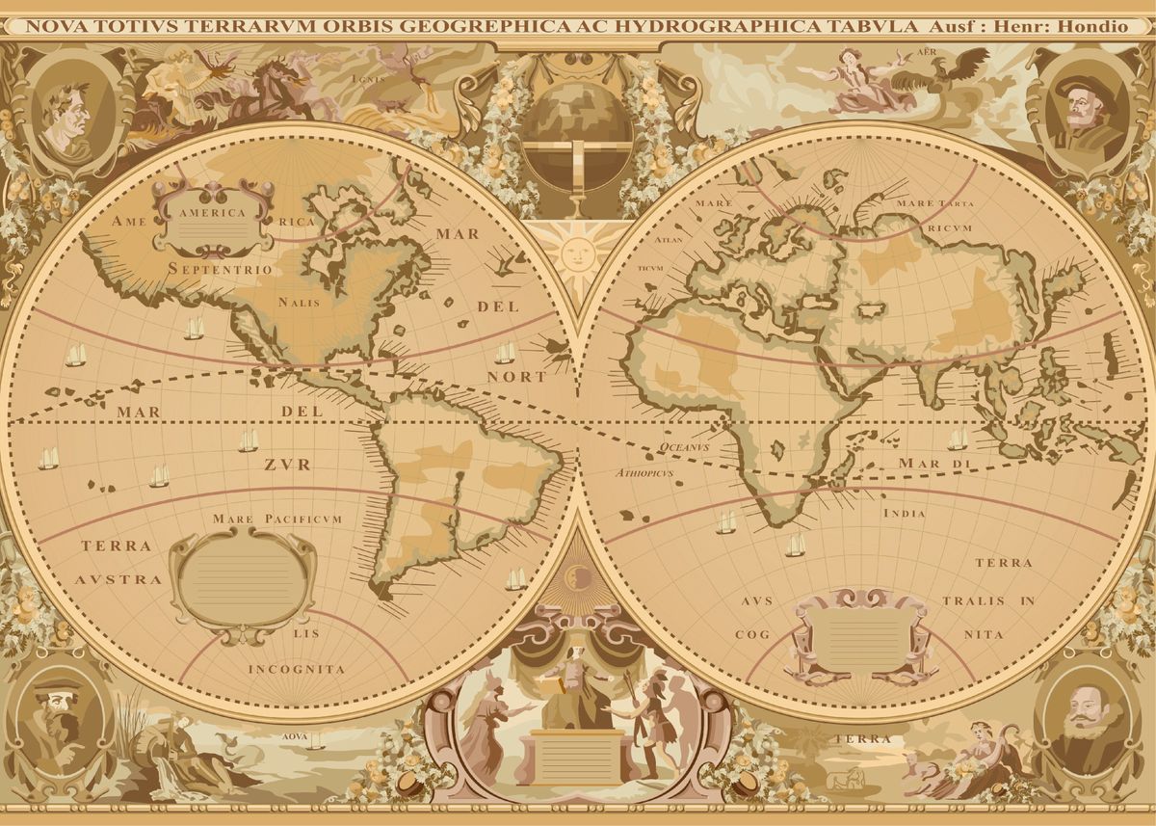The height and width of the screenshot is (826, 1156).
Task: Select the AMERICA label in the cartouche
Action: click(213, 213)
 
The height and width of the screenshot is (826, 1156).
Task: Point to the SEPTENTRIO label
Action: click(220, 269)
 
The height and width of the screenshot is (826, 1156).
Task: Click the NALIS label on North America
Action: click(299, 302)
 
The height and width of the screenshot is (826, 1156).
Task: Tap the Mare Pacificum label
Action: click(277, 520)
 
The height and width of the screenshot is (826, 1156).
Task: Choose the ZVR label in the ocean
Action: click(288, 465)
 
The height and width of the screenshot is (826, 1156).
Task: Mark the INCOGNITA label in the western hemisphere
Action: click(296, 668)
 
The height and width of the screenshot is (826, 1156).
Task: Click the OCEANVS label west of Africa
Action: click(684, 447)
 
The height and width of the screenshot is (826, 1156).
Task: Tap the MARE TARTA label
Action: click(934, 203)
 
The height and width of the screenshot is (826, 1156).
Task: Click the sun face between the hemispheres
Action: click(575, 253)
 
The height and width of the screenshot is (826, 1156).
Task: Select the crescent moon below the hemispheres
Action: click(576, 577)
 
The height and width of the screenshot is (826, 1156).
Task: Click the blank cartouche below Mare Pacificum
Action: click(243, 581)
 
